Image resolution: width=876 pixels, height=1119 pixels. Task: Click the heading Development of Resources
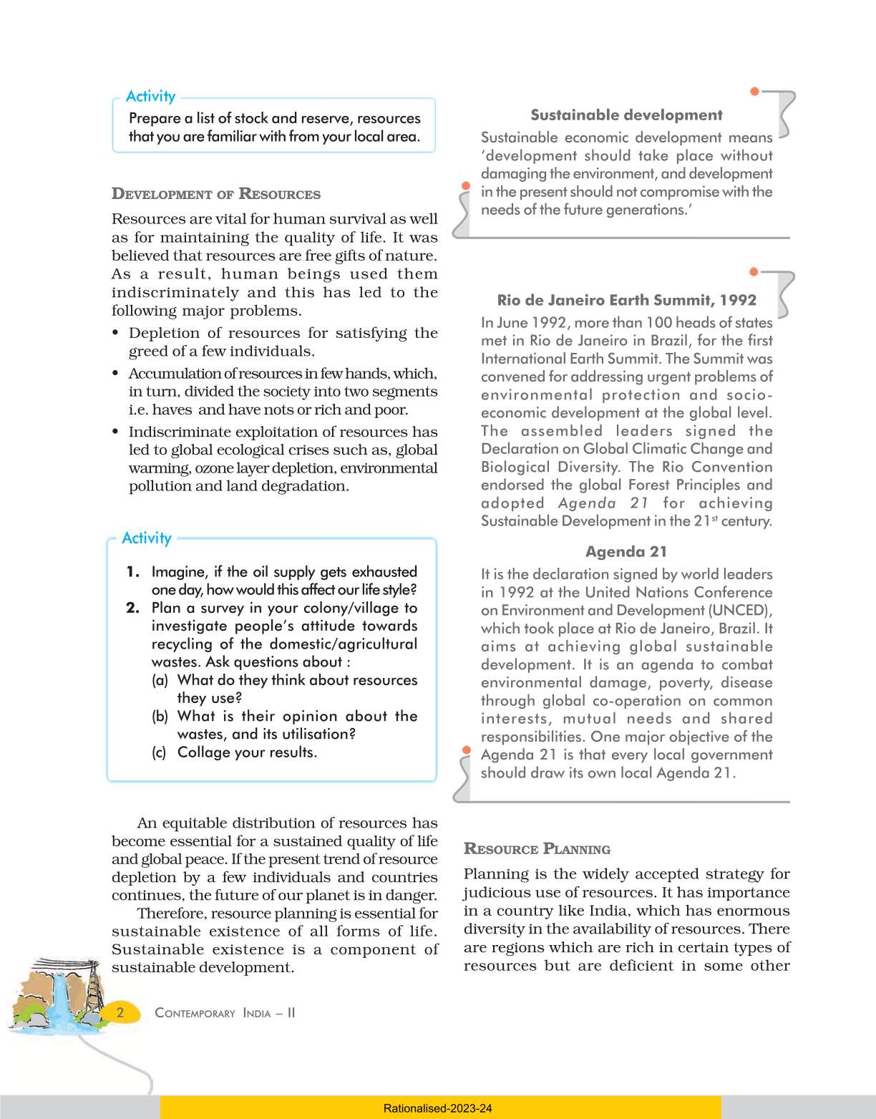click(x=215, y=194)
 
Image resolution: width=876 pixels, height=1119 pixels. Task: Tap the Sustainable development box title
click(x=626, y=115)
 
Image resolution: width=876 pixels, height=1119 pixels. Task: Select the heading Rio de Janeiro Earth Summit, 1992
click(x=626, y=300)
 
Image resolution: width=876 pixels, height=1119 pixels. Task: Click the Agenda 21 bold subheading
click(x=626, y=551)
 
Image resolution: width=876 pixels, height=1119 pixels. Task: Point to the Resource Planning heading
click(x=537, y=849)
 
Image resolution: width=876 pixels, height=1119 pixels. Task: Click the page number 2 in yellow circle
click(x=120, y=1012)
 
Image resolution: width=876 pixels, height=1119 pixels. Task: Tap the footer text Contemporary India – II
click(x=225, y=1013)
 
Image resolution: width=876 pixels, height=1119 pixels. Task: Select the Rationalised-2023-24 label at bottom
click(x=437, y=1108)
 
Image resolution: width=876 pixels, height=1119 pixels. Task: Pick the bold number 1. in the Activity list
click(x=132, y=571)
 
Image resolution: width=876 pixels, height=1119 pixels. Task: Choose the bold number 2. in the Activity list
click(x=132, y=608)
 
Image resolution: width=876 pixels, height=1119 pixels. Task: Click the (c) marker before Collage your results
click(x=159, y=752)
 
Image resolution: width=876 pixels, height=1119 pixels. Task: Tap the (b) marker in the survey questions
click(x=160, y=716)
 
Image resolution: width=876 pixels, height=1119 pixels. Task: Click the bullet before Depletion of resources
click(x=116, y=334)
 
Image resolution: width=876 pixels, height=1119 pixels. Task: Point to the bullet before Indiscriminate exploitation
click(x=116, y=432)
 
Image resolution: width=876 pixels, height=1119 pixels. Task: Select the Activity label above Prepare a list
click(x=150, y=97)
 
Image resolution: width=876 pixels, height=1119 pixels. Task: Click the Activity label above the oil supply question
click(x=147, y=538)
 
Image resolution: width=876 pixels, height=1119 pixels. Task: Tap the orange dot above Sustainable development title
click(x=754, y=91)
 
